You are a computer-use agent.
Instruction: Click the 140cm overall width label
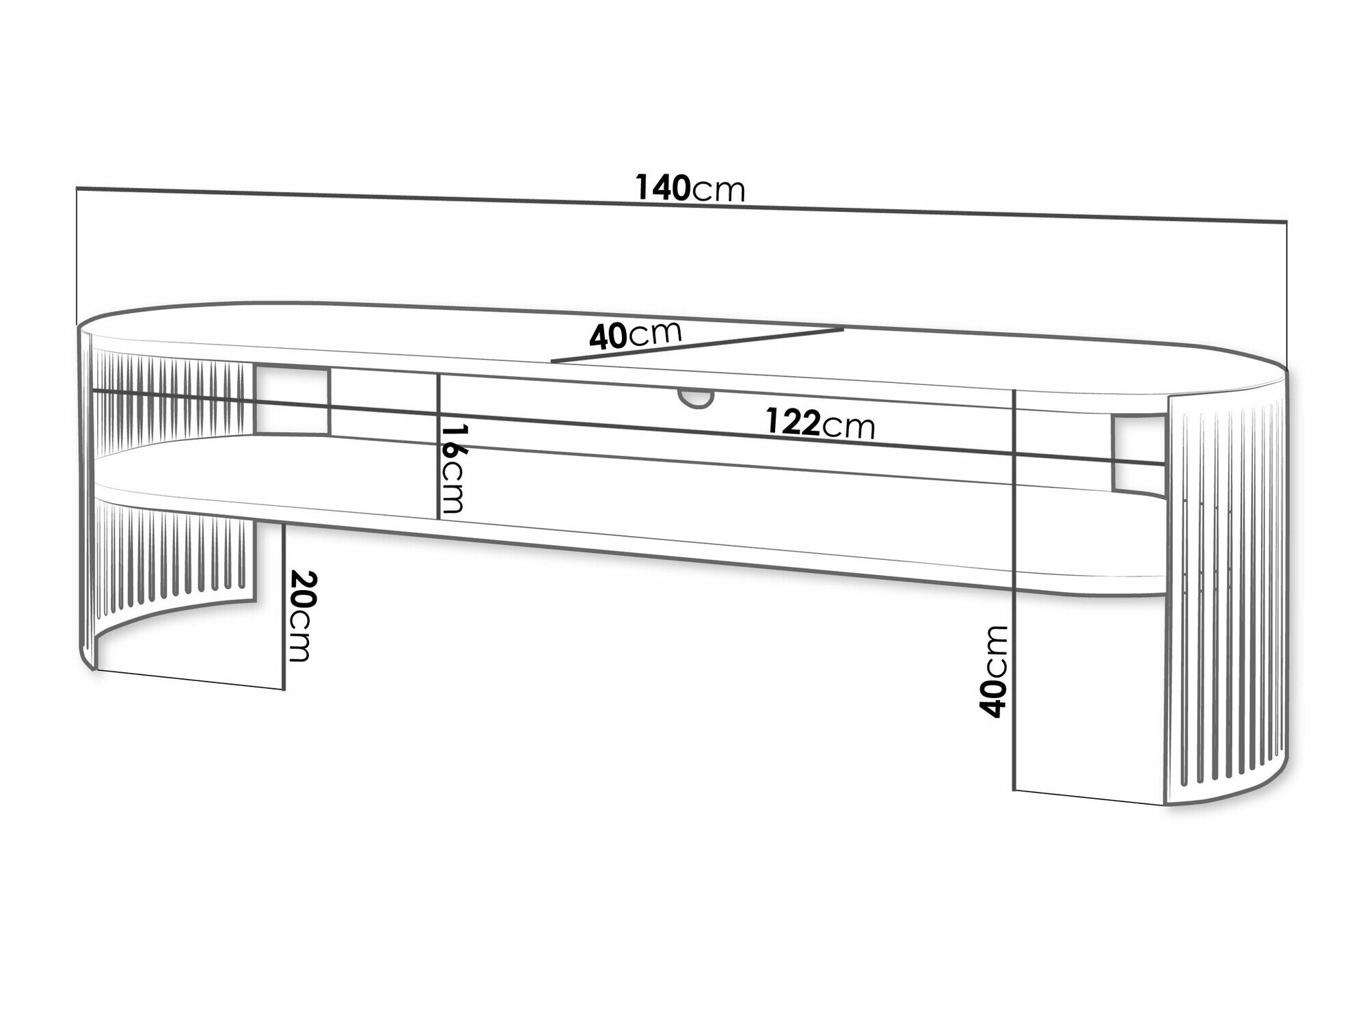(x=690, y=189)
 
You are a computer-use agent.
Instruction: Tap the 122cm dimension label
(x=820, y=424)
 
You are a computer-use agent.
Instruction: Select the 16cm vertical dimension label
(x=452, y=468)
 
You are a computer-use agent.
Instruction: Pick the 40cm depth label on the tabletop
(x=636, y=336)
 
